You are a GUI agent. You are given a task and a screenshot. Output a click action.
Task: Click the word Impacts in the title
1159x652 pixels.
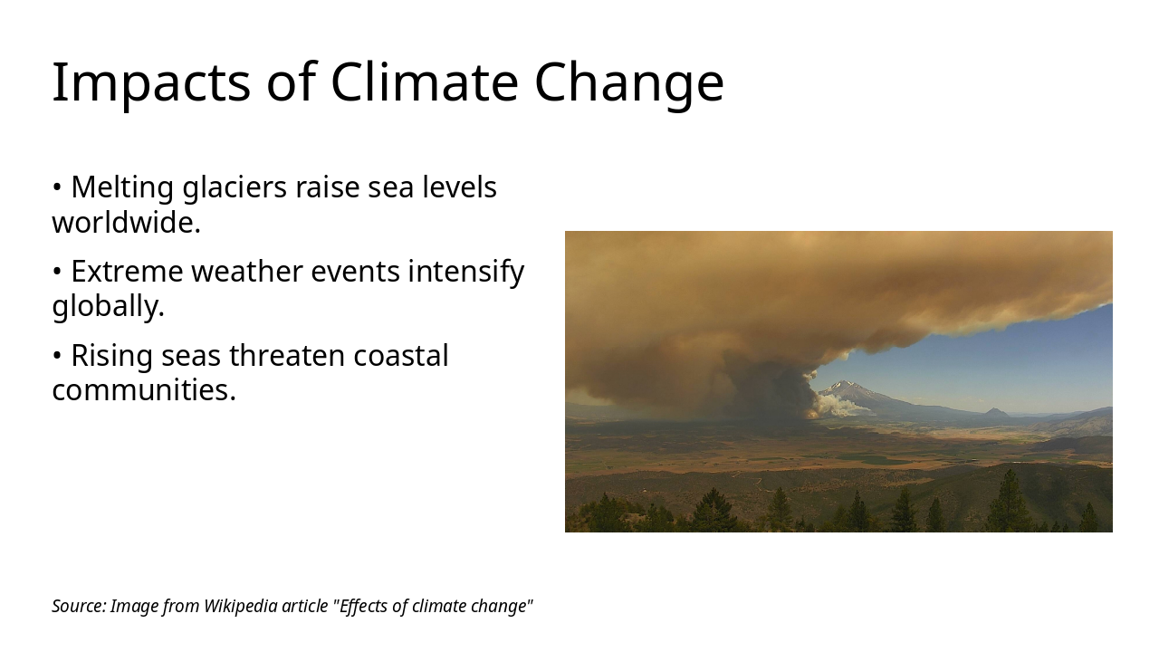coord(151,83)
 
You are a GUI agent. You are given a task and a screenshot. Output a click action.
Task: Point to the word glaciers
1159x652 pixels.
coord(235,187)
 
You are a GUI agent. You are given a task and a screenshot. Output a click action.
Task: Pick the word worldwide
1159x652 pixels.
coord(126,223)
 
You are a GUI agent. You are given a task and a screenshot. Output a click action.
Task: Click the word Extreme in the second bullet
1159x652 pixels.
coord(127,272)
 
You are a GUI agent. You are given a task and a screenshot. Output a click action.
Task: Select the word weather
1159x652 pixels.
coord(247,271)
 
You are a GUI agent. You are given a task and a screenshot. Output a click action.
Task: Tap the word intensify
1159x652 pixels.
coord(465,273)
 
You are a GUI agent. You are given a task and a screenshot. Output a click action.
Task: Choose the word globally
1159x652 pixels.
coord(108,306)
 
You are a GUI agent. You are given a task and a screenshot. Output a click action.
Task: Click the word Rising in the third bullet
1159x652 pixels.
coord(111,357)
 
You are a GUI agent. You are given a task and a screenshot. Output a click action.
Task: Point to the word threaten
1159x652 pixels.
coord(287,356)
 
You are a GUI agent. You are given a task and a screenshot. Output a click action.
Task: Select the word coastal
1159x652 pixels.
coord(401,356)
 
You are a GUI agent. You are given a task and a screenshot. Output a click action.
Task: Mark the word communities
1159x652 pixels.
coord(144,390)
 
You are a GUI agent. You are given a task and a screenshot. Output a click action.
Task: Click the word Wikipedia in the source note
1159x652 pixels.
coord(241,607)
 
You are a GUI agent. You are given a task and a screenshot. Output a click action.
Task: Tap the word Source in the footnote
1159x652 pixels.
coord(79,606)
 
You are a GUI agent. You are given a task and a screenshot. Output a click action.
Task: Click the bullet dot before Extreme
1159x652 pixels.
coord(57,272)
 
